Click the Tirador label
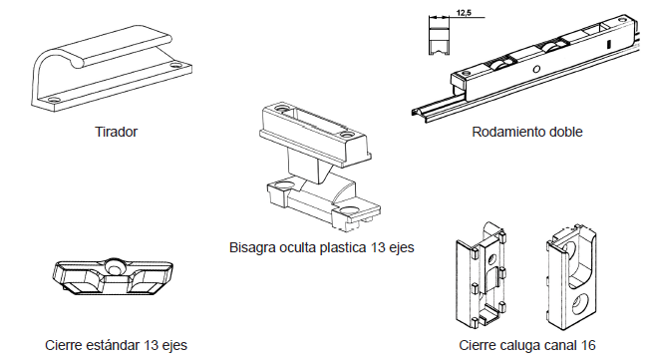[116, 132]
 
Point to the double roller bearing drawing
[528, 70]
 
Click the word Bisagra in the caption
[253, 246]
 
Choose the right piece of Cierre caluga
[573, 274]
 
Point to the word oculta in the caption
[299, 246]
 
